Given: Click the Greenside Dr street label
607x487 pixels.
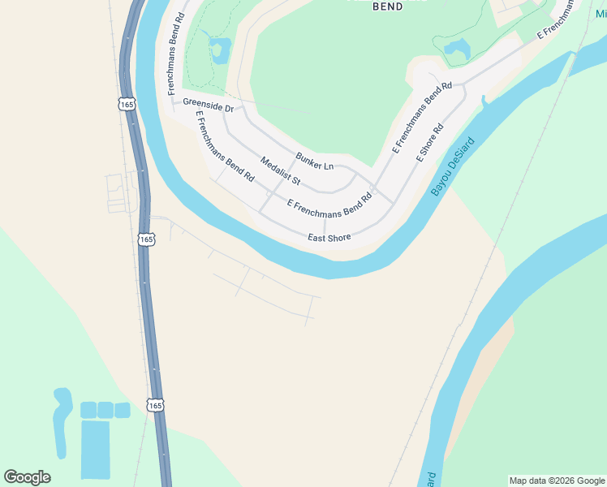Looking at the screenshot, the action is point(209,105).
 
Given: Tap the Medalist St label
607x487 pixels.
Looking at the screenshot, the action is point(281,170).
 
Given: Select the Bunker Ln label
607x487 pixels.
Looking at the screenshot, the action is point(315,161).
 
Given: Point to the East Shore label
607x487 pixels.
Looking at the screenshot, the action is point(329,238).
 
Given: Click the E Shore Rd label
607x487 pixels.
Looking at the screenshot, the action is point(431,143).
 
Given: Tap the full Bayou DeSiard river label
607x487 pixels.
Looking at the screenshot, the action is point(452,166).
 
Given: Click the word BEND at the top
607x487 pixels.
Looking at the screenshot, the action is point(387,6).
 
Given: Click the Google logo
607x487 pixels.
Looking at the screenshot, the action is point(28,477).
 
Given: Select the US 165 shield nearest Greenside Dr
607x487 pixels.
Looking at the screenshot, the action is point(126,104).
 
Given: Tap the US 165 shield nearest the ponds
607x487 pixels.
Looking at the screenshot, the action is point(156,404).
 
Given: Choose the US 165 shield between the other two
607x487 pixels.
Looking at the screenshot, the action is point(146,239).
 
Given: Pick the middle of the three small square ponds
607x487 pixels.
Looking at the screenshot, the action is point(105,410).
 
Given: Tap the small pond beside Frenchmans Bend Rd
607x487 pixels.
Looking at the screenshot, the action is point(219,50).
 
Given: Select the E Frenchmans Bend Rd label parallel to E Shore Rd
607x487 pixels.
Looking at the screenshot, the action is point(422,118).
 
